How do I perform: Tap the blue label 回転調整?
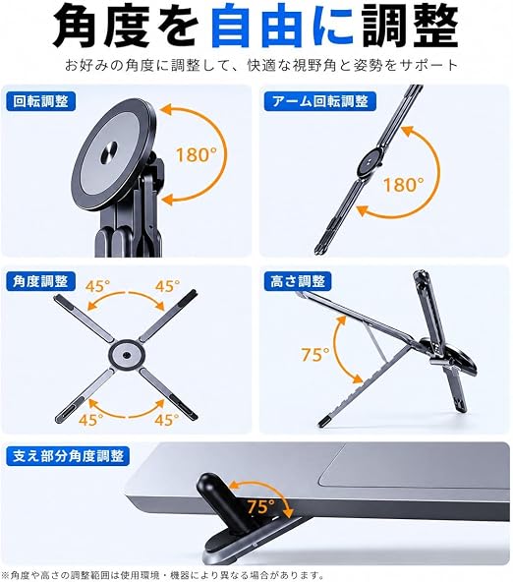pyautogui.click(x=41, y=101)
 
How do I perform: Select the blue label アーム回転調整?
pyautogui.click(x=319, y=101)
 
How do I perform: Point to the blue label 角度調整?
pyautogui.click(x=41, y=281)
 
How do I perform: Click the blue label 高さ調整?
pyautogui.click(x=298, y=281)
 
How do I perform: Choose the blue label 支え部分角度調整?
pyautogui.click(x=68, y=456)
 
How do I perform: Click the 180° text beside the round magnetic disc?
pyautogui.click(x=197, y=154)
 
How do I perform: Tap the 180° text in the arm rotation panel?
pyautogui.click(x=403, y=185)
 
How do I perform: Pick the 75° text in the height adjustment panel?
pyautogui.click(x=314, y=355)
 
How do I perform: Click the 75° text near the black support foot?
pyautogui.click(x=261, y=506)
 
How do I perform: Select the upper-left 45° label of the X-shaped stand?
pyautogui.click(x=97, y=286)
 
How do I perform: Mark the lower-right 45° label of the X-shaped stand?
pyautogui.click(x=167, y=420)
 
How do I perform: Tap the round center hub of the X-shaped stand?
pyautogui.click(x=126, y=356)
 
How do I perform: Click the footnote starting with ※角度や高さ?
pyautogui.click(x=164, y=575)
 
